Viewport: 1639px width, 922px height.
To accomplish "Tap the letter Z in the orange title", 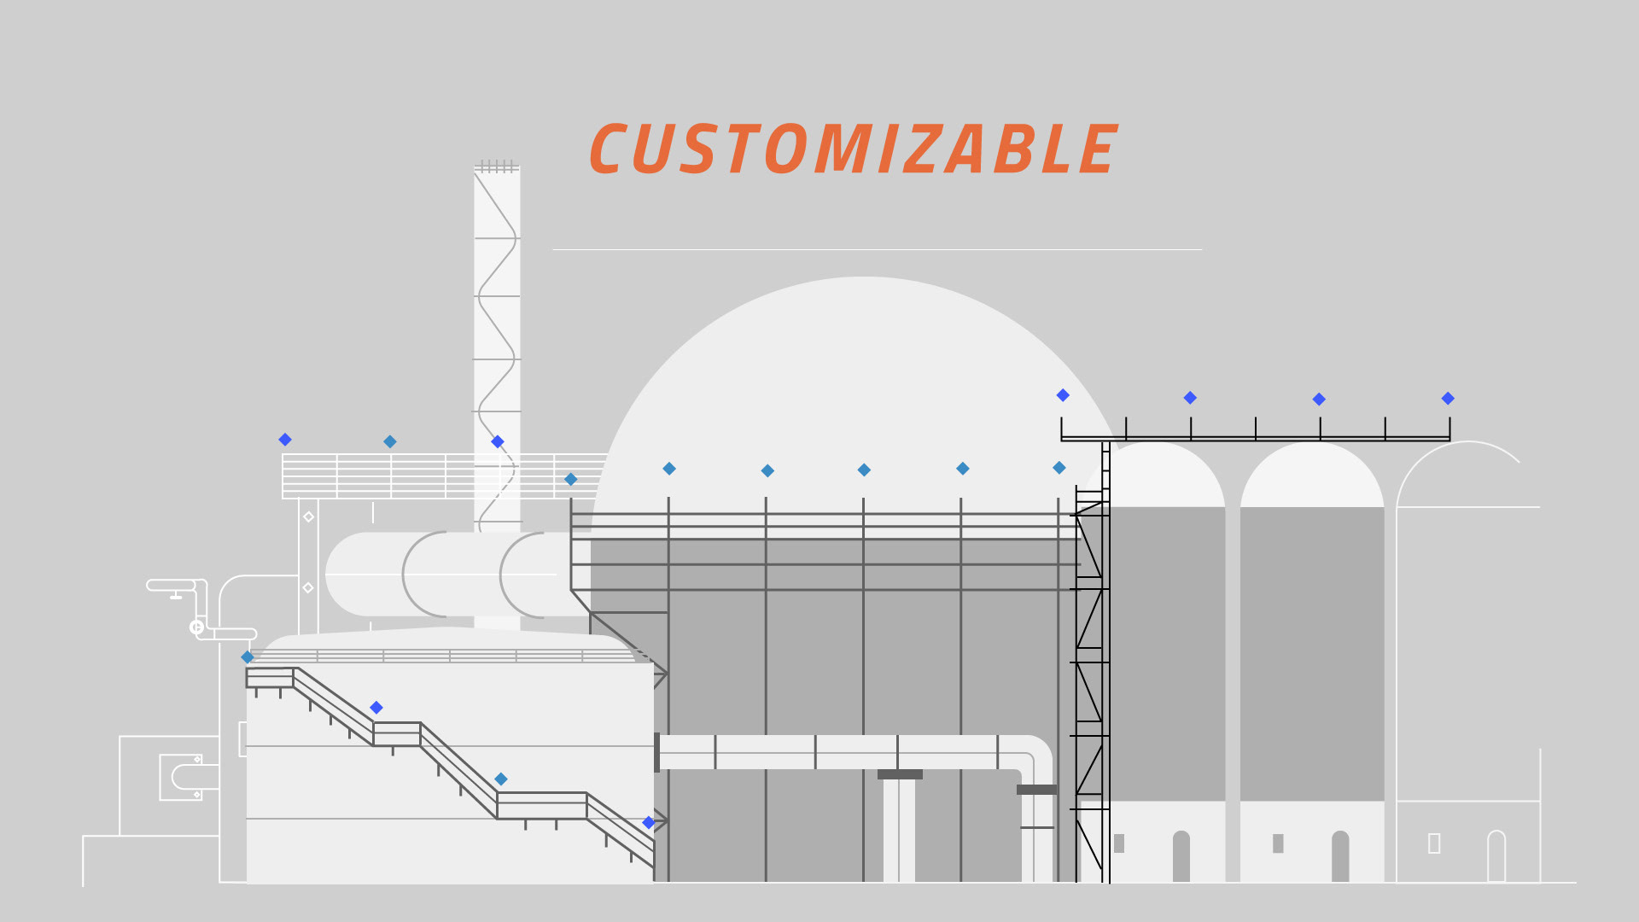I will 919,150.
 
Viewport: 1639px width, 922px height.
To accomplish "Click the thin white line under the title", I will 877,249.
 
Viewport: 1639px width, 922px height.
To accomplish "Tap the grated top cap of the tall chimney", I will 497,166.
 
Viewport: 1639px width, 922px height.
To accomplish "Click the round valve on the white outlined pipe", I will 196,627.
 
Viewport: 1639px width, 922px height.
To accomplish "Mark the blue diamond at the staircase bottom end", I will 649,822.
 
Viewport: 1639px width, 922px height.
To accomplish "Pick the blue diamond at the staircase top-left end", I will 248,657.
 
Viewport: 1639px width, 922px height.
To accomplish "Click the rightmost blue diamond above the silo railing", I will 1448,399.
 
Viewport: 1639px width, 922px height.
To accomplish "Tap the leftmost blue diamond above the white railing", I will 285,440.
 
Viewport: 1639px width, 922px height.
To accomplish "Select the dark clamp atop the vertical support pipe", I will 900,774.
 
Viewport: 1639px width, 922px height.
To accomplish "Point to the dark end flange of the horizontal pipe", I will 656,752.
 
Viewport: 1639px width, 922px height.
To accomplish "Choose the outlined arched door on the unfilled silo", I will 1496,855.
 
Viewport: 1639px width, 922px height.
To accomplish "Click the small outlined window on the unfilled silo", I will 1434,843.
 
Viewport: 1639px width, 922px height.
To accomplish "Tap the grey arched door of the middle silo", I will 1340,855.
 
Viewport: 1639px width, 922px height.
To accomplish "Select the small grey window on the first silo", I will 1119,843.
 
